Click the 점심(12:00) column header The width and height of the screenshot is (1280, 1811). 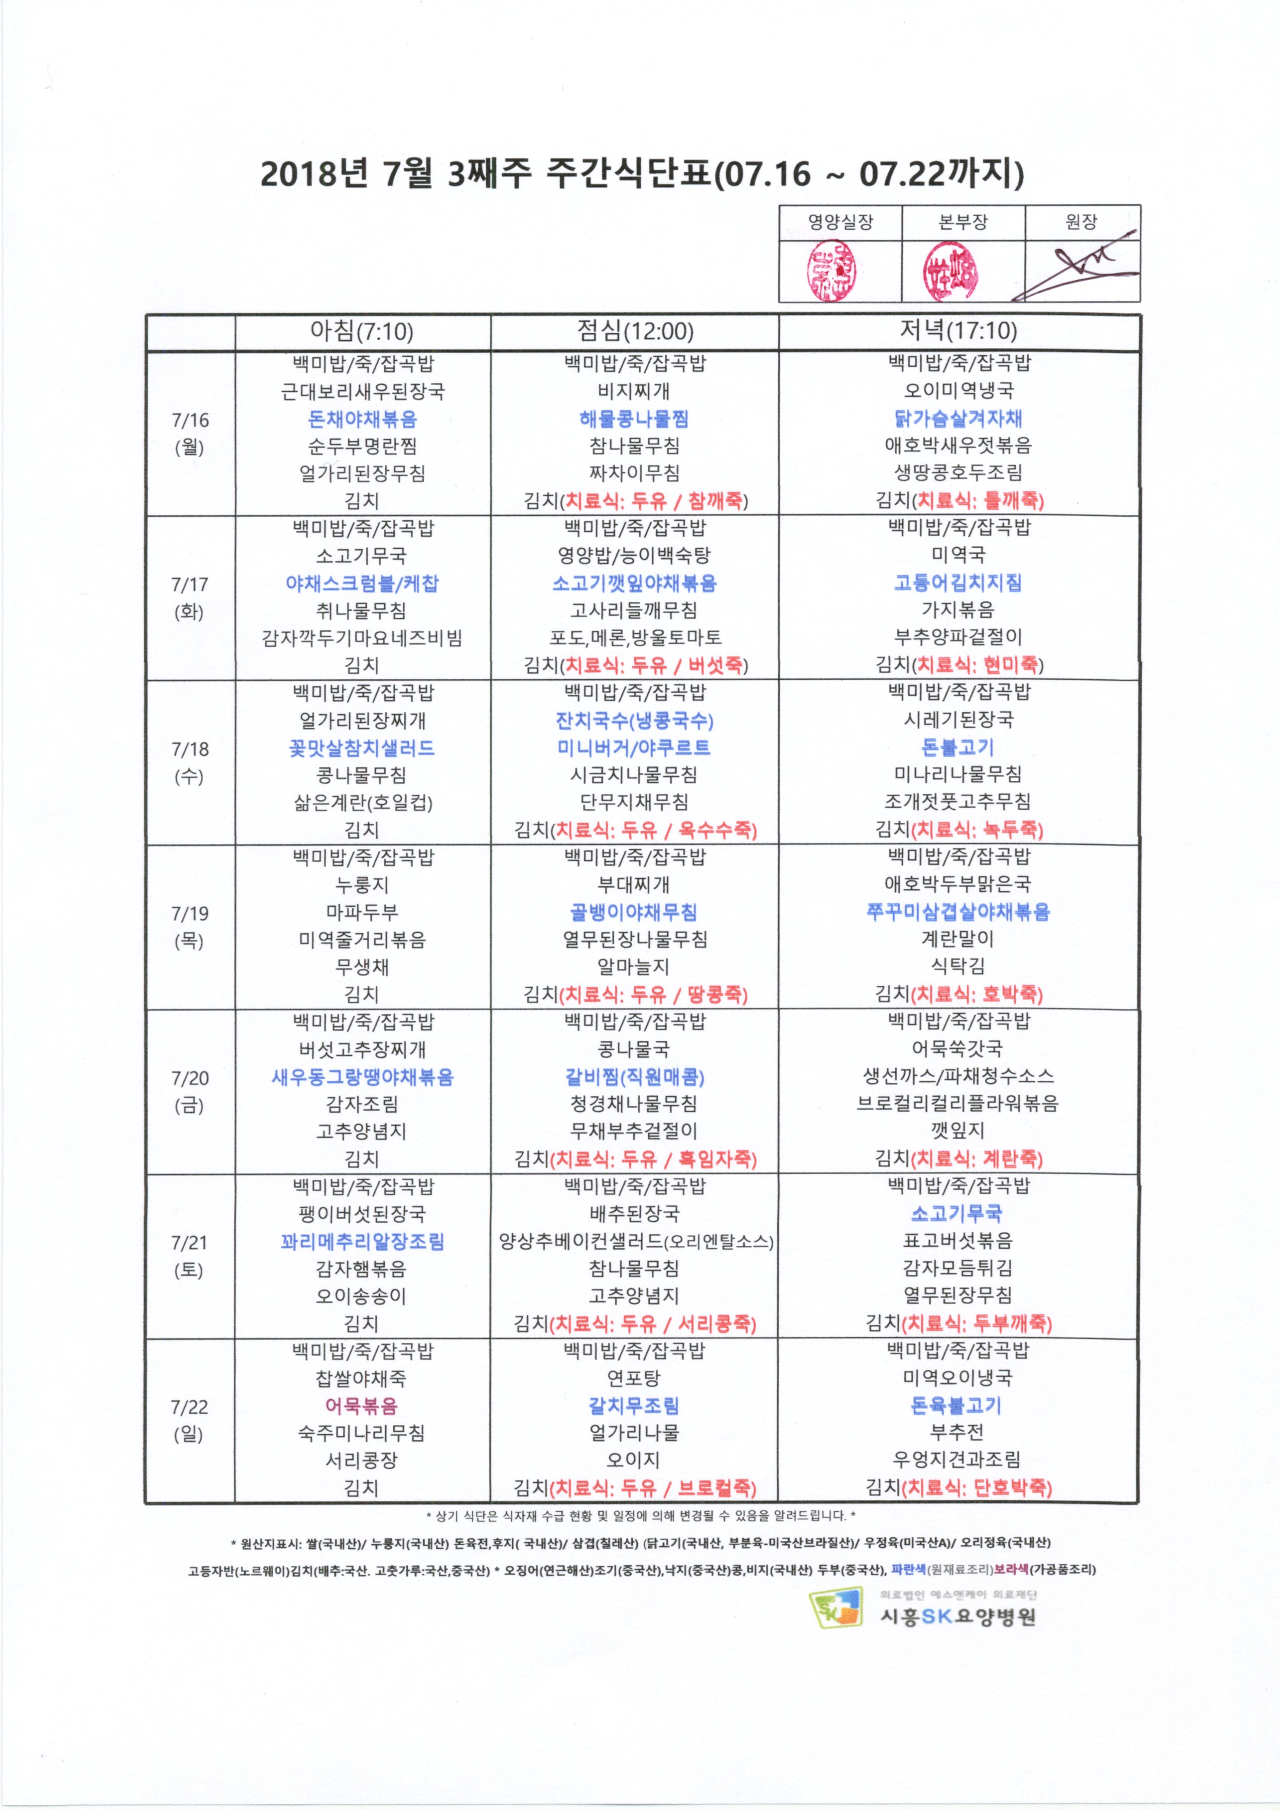point(635,331)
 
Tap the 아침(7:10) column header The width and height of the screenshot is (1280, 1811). point(362,331)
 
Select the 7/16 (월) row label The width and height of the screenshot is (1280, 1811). point(189,433)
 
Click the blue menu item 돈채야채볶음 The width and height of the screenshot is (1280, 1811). point(362,419)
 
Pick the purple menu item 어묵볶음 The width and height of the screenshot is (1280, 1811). point(361,1405)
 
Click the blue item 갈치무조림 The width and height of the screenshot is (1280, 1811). point(634,1405)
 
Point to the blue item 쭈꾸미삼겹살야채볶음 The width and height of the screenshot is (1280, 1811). point(958,912)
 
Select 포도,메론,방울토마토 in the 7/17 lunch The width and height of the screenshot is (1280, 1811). point(635,637)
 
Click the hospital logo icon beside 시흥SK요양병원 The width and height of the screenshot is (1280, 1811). point(835,1608)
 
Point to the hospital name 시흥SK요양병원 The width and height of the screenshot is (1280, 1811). point(957,1616)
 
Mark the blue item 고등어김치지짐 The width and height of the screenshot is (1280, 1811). point(958,583)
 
